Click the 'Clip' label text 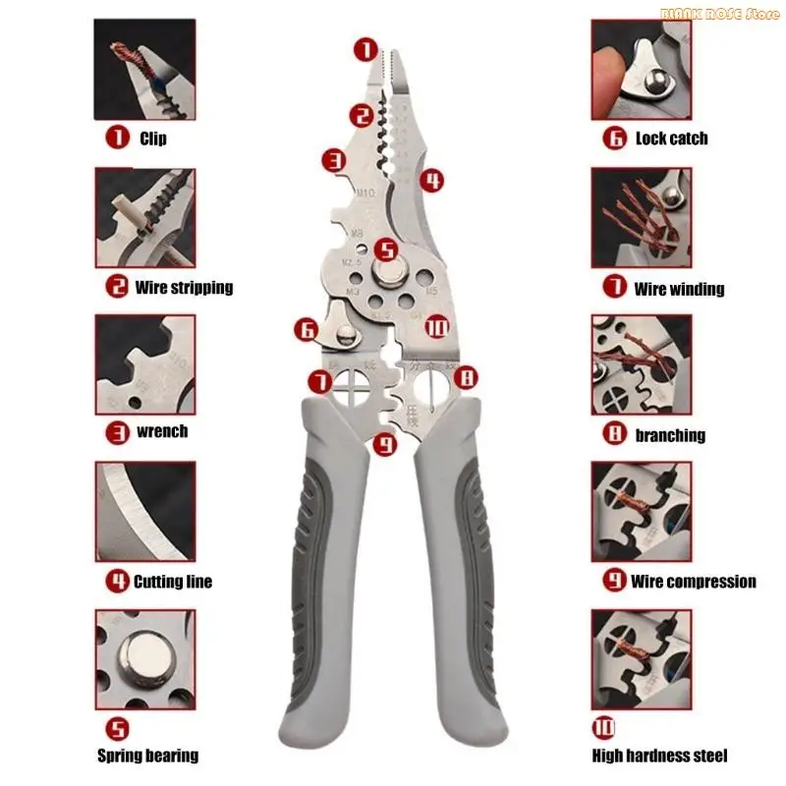click(152, 139)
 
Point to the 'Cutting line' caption click(172, 582)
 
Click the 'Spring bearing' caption click(147, 756)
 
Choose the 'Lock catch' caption click(671, 139)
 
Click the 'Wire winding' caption click(679, 289)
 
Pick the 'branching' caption click(670, 434)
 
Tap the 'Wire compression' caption click(693, 582)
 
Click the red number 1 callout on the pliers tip click(365, 48)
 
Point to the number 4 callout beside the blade click(430, 180)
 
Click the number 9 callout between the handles click(385, 445)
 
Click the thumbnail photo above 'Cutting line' click(144, 511)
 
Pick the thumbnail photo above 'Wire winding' click(641, 217)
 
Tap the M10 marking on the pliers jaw click(365, 193)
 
